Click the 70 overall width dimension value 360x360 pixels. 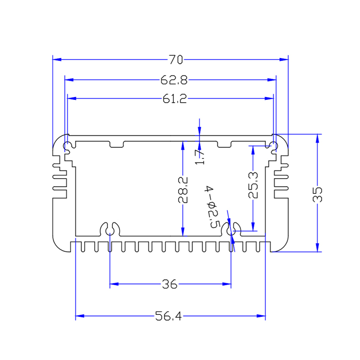tap(175, 60)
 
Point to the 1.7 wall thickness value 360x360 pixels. tap(200, 156)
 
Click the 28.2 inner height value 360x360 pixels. tap(182, 191)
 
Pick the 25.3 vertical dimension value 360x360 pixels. tap(253, 185)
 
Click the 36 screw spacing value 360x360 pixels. tap(170, 285)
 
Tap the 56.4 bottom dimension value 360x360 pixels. tap(168, 316)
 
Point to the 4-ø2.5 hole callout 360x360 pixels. tap(212, 206)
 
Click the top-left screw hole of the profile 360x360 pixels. tap(68, 145)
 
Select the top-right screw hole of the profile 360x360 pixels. tap(273, 145)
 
